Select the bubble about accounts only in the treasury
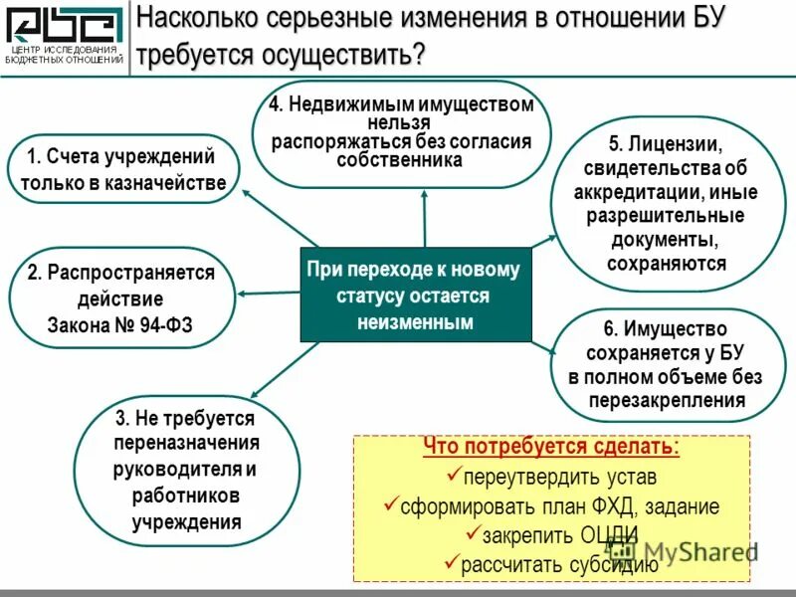click(x=123, y=169)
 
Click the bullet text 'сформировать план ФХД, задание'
click(x=559, y=506)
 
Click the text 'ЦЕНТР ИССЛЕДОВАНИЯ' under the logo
click(x=65, y=49)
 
